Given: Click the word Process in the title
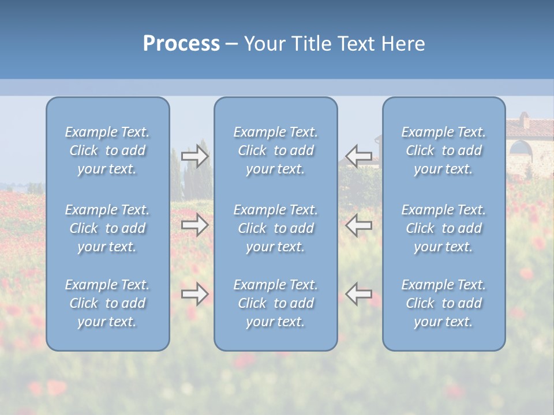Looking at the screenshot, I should [181, 44].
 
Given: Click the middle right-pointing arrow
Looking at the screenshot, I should [194, 225].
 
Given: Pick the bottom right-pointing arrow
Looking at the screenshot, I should [194, 294].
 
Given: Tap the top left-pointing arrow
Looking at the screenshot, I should [359, 156].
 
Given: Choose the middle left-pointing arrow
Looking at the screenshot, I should [359, 225].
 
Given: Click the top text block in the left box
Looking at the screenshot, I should [107, 150].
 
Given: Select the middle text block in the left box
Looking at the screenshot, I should [107, 228].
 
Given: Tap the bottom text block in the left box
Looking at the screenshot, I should [107, 303].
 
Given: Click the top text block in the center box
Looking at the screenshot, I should [276, 150].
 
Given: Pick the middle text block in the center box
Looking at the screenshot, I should [276, 228].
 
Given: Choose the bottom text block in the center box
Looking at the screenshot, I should [276, 303].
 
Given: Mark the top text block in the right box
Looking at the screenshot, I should [444, 150].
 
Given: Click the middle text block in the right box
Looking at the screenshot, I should [444, 228].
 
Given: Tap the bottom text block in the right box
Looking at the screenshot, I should [444, 303].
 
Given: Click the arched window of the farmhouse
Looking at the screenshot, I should [521, 149].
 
